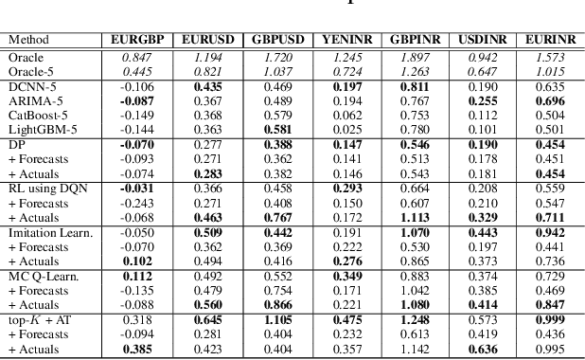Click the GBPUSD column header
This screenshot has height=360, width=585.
tap(271, 40)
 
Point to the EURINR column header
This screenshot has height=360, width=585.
tap(549, 40)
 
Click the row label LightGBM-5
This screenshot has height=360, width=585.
tap(41, 129)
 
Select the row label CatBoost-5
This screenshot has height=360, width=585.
tap(37, 115)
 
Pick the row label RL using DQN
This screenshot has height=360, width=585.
tap(45, 188)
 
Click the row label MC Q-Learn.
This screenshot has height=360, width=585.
tap(40, 277)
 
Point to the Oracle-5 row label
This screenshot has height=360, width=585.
tap(31, 70)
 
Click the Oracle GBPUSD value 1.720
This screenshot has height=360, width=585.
tap(271, 56)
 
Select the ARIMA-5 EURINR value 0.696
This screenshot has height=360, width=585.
tap(549, 99)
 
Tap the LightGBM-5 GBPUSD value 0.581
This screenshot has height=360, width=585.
tap(271, 129)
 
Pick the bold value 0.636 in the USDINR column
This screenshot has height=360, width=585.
tap(483, 350)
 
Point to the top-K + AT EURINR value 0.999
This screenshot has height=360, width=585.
tap(549, 320)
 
